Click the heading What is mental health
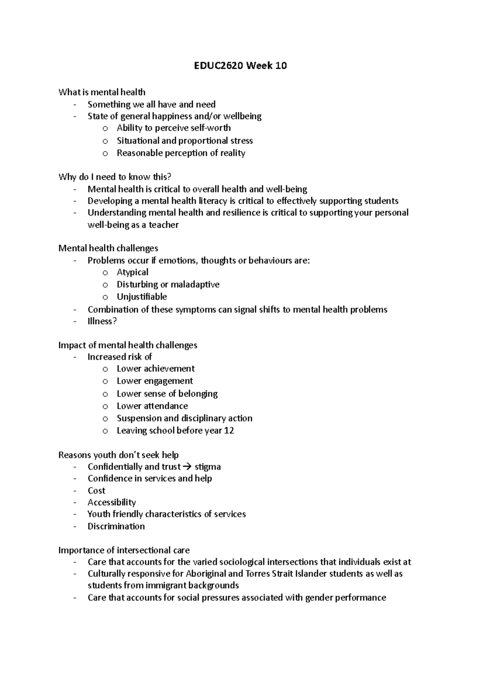click(x=102, y=92)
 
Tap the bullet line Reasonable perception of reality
click(x=181, y=153)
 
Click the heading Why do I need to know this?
click(x=115, y=177)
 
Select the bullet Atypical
click(x=132, y=272)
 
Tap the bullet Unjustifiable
click(x=142, y=297)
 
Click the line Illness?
click(x=102, y=321)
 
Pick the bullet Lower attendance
click(x=152, y=406)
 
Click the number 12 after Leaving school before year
click(x=229, y=430)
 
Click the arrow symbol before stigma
click(x=188, y=467)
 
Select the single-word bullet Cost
click(x=97, y=491)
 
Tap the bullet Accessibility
click(x=111, y=502)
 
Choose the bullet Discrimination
click(x=116, y=526)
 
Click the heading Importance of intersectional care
click(x=124, y=550)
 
